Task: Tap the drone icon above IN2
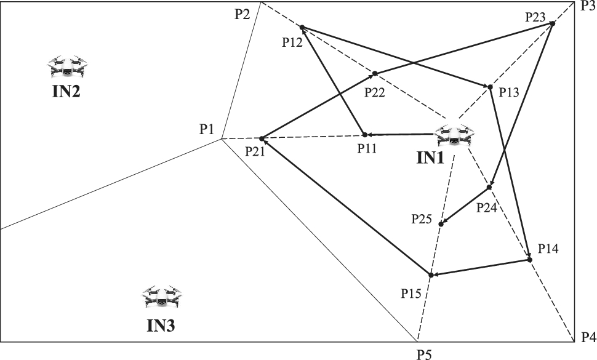click(68, 67)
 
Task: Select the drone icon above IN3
click(162, 298)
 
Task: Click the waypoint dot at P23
click(552, 23)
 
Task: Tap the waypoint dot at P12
click(302, 27)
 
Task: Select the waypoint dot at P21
click(262, 138)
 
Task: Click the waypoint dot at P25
click(441, 223)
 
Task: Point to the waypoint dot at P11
click(364, 134)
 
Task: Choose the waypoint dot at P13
click(490, 87)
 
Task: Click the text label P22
click(375, 92)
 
